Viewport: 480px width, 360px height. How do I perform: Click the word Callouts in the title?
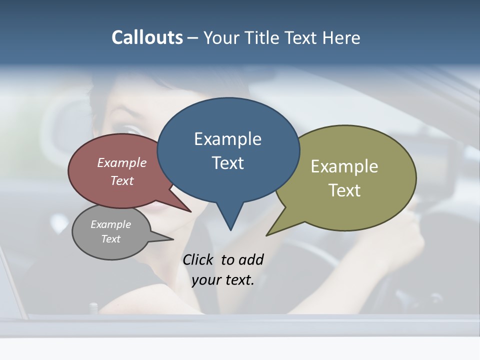pos(147,37)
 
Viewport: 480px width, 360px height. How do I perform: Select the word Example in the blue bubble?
pos(227,139)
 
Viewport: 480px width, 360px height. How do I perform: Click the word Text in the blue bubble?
pos(227,163)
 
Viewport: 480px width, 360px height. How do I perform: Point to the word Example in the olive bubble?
pos(344,166)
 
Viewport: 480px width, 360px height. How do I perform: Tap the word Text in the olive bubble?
pos(344,190)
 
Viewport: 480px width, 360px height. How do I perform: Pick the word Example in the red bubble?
pos(121,162)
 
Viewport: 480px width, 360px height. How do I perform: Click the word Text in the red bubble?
pos(121,180)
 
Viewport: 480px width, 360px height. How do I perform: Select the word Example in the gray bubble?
pos(110,224)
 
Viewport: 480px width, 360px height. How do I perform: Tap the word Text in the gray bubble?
pos(110,239)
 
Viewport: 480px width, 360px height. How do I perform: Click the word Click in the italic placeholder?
pos(199,259)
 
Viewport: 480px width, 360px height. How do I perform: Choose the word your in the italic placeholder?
pos(205,280)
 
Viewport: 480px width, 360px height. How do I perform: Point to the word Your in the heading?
pos(222,37)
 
